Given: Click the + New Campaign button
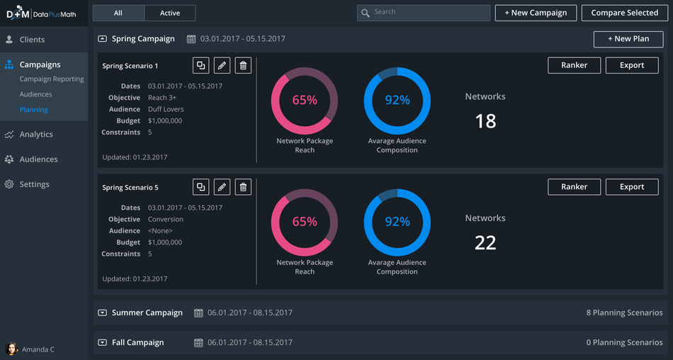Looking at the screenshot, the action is point(536,13).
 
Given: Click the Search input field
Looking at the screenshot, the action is point(424,13).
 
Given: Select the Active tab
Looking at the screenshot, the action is point(170,13).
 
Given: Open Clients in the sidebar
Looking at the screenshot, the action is point(32,40).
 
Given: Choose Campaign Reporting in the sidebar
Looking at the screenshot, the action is point(52,79).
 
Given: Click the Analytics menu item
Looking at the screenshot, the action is point(36,135).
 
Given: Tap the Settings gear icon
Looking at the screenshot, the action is point(9,184).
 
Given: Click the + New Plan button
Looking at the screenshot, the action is point(628,39).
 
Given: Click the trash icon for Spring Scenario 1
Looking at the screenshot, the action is point(243,65).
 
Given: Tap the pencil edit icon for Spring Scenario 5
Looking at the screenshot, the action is point(222,187).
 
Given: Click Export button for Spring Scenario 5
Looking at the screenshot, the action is point(632,187).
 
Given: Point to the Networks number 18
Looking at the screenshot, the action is point(485,121).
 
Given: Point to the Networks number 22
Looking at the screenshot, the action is point(485,243).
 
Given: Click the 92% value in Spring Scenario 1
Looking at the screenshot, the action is point(397,100).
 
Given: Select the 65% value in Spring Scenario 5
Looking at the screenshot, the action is point(305,222).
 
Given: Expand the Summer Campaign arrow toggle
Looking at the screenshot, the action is point(102,313).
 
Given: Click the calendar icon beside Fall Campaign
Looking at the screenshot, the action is point(198,343).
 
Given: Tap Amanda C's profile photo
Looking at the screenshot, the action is point(11,349).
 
